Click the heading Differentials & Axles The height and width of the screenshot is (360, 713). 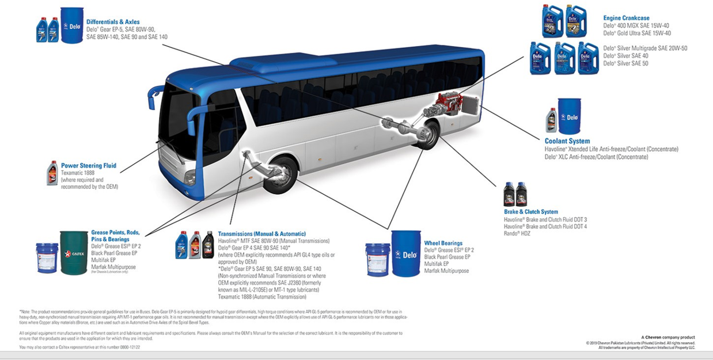click(x=113, y=22)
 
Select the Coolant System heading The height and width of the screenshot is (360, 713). click(x=567, y=141)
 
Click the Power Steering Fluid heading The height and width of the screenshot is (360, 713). click(x=89, y=166)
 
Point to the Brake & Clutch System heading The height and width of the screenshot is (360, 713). click(x=531, y=212)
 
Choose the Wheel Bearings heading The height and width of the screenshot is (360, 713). click(x=443, y=243)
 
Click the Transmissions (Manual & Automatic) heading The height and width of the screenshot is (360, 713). click(x=262, y=234)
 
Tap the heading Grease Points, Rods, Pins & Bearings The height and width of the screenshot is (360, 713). click(x=115, y=236)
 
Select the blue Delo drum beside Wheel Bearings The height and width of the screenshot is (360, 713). click(x=407, y=253)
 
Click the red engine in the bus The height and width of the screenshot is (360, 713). click(x=449, y=107)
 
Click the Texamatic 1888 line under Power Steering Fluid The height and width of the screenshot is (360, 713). click(x=79, y=173)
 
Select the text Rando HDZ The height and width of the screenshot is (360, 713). click(x=517, y=234)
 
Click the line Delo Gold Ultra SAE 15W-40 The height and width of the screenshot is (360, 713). click(x=637, y=33)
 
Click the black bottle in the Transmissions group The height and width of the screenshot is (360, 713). click(x=208, y=245)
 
